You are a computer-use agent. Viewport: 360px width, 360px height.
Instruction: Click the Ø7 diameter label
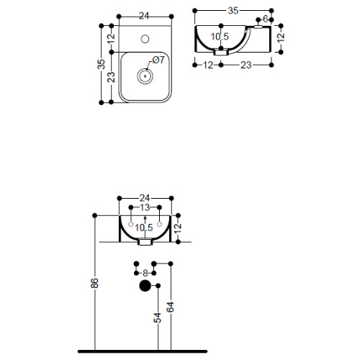point(158,60)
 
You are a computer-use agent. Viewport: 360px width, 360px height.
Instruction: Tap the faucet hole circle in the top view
point(145,39)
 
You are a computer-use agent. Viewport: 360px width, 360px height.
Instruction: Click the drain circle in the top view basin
point(145,76)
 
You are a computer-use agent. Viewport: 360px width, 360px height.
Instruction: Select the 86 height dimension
point(95,283)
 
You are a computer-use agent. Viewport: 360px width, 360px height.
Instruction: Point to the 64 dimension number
point(171,307)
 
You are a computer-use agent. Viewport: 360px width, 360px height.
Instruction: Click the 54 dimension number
point(158,318)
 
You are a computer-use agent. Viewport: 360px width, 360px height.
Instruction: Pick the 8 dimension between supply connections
point(145,273)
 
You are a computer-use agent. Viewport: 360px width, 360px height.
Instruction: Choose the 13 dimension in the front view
point(145,207)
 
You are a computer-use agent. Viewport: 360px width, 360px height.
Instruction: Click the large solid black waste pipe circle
point(145,286)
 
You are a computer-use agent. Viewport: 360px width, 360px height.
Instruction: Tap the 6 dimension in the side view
point(265,19)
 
